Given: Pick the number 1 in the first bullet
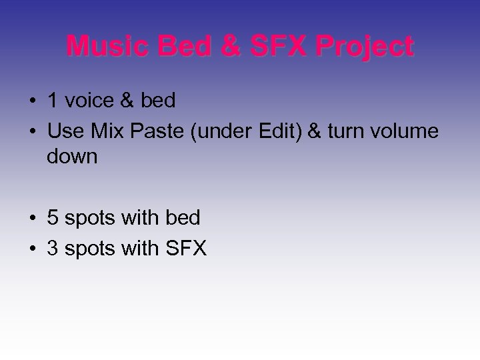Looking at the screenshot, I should [x=53, y=101].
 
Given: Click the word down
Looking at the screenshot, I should [x=72, y=158].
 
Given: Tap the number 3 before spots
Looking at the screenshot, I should [x=53, y=249].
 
